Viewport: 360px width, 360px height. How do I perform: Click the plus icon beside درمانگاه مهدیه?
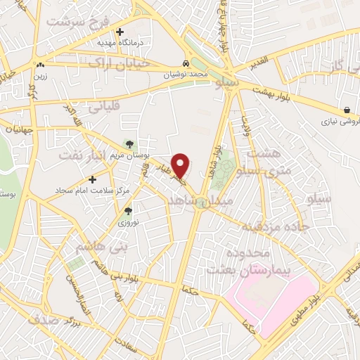tap(120, 32)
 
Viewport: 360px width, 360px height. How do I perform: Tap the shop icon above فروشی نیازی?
tap(348, 109)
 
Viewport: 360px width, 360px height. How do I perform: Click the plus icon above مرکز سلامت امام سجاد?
tap(92, 179)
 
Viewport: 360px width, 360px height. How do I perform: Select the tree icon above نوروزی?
tap(127, 210)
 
